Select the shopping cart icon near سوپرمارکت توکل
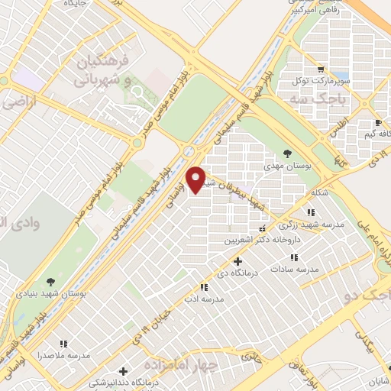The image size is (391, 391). point(322,67)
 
